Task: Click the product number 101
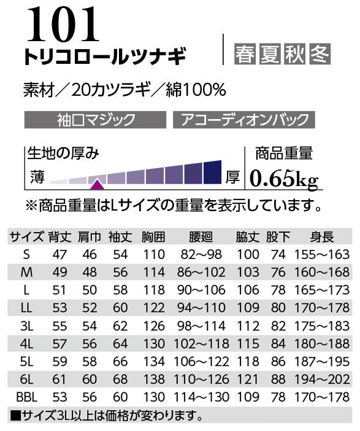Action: point(63,24)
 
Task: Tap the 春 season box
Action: point(245,54)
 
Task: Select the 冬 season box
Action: point(320,54)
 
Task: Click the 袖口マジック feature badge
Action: point(95,120)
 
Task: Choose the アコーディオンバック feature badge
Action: point(244,120)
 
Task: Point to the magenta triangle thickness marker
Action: point(98,184)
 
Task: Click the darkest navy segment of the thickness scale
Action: point(213,172)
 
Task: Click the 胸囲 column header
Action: point(153,237)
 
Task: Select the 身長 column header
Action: point(322,237)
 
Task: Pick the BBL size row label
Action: point(26,397)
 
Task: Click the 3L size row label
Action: point(26,326)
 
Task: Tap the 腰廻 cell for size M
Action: point(201,273)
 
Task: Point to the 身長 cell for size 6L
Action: point(322,379)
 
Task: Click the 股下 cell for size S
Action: point(278,255)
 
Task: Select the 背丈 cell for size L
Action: point(59,290)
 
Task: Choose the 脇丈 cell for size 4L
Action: point(248,344)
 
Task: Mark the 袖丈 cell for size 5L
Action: point(120,362)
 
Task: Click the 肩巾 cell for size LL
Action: point(90,308)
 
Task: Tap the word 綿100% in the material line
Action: point(196,90)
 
